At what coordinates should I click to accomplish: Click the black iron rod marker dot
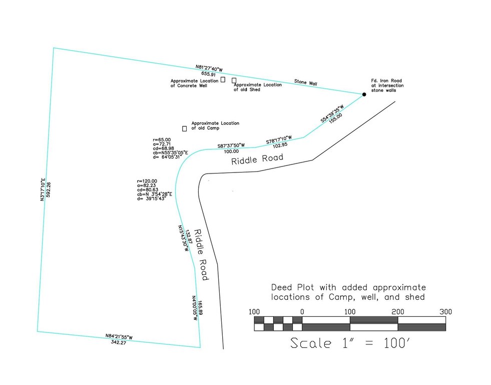tap(364, 94)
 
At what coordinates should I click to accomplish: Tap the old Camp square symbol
tap(185, 128)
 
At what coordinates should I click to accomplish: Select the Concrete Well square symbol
tap(223, 80)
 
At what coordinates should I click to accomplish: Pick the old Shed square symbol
tap(234, 81)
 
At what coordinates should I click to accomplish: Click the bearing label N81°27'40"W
tap(209, 68)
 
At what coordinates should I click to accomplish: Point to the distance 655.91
tap(208, 74)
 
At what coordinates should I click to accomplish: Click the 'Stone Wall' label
tap(306, 82)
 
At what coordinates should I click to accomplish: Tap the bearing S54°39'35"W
tap(332, 113)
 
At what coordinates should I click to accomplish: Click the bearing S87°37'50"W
tap(231, 145)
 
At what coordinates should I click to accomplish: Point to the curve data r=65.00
tap(162, 140)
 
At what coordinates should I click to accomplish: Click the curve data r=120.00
tap(147, 181)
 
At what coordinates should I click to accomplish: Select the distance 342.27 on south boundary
tap(118, 342)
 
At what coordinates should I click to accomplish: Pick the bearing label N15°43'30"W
tap(183, 238)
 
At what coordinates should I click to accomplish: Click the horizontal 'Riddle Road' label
tap(257, 159)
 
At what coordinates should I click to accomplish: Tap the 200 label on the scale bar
tap(398, 312)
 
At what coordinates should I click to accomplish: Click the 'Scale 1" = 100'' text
tap(350, 343)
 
